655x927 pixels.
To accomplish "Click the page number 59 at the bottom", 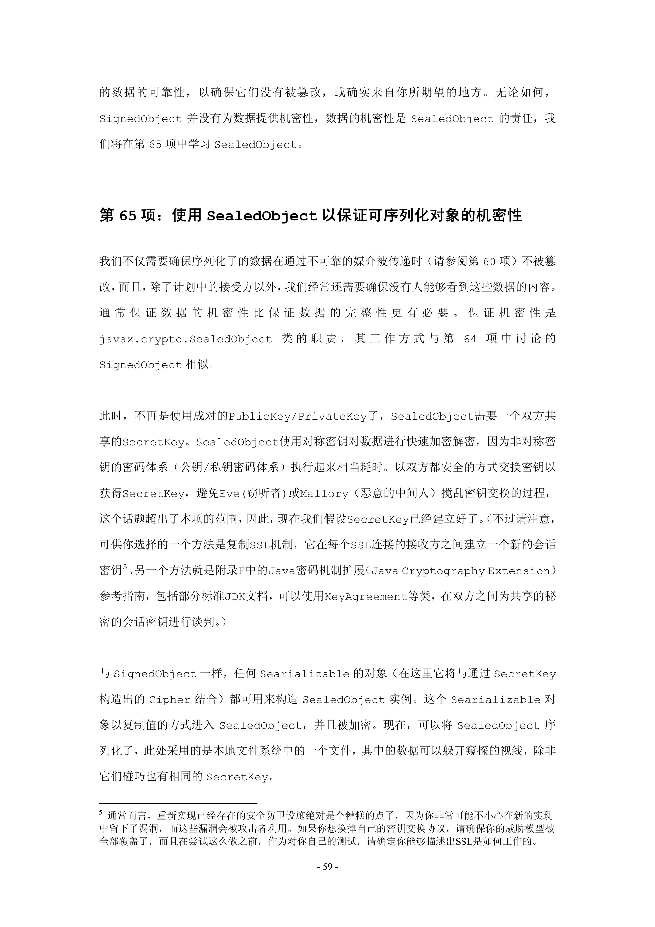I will [x=327, y=867].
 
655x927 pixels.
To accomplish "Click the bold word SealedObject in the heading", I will [x=262, y=216].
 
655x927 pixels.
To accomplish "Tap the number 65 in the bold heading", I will [x=128, y=216].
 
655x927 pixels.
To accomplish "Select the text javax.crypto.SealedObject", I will [x=185, y=339].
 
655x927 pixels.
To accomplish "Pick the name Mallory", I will [x=324, y=494].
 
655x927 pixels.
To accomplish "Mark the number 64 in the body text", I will [x=470, y=339].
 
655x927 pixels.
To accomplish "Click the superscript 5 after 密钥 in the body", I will [x=125, y=568].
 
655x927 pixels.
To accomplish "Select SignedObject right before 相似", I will [x=140, y=365].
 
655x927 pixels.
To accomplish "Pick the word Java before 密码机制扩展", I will [x=282, y=571].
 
